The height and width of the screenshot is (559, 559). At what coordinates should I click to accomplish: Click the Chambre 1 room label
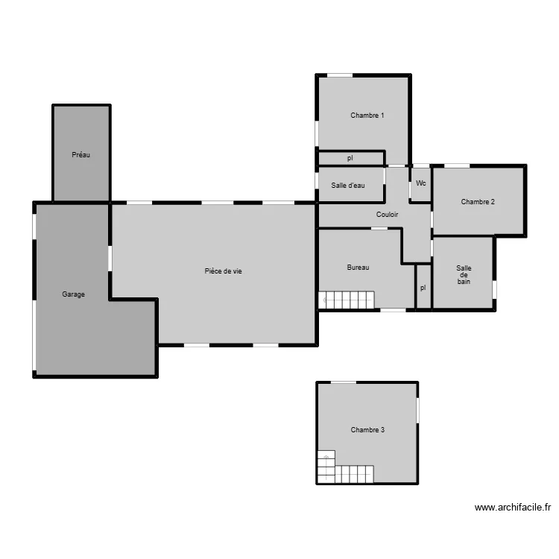pos(367,116)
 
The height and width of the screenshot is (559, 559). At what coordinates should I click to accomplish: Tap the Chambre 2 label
pos(478,201)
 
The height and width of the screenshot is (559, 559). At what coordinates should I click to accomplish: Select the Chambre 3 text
pos(367,430)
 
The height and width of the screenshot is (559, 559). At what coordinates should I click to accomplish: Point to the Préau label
pos(80,155)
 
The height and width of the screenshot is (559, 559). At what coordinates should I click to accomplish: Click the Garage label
pos(73,294)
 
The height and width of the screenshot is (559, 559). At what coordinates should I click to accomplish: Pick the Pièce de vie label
pos(223,271)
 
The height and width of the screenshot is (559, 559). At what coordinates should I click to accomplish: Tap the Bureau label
pos(358,268)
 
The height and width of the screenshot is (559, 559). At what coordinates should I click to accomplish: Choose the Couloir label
pos(387,215)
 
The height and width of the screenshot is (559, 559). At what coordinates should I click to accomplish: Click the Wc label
pos(421,183)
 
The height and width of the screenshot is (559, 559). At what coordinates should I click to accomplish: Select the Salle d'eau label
pos(348,186)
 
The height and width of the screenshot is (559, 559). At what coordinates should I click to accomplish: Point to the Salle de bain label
pos(464,275)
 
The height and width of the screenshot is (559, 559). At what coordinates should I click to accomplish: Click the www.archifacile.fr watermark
pos(513,508)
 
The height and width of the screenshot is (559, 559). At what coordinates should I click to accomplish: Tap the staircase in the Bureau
pos(347,300)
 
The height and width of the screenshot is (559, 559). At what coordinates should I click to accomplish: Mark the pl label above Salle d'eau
pos(350,158)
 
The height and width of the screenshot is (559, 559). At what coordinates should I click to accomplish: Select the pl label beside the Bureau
pos(423,288)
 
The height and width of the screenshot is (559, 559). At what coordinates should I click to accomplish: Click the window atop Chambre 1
pos(340,75)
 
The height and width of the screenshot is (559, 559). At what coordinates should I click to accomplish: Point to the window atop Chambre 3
pos(344,382)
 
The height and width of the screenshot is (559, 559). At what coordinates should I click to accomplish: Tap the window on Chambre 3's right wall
pos(417,408)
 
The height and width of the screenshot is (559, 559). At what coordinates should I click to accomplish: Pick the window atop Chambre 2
pos(457,165)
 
